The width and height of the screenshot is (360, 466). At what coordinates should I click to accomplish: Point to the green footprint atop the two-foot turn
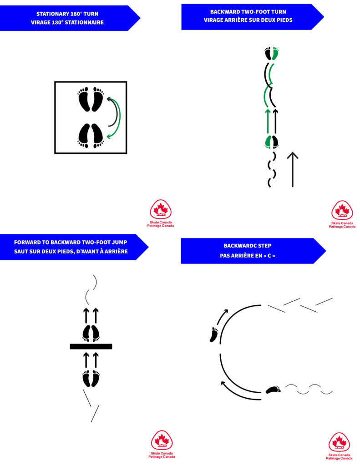275,54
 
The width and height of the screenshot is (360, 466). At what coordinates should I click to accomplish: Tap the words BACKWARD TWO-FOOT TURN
248,11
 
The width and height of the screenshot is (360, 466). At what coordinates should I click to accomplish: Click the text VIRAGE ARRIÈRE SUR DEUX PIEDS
248,20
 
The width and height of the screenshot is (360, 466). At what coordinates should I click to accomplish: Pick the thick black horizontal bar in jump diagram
91,346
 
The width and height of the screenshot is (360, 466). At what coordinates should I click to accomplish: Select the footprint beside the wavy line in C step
273,390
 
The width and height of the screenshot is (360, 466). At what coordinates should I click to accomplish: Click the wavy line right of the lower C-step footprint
309,389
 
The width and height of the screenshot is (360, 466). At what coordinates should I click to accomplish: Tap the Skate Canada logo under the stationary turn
161,210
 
